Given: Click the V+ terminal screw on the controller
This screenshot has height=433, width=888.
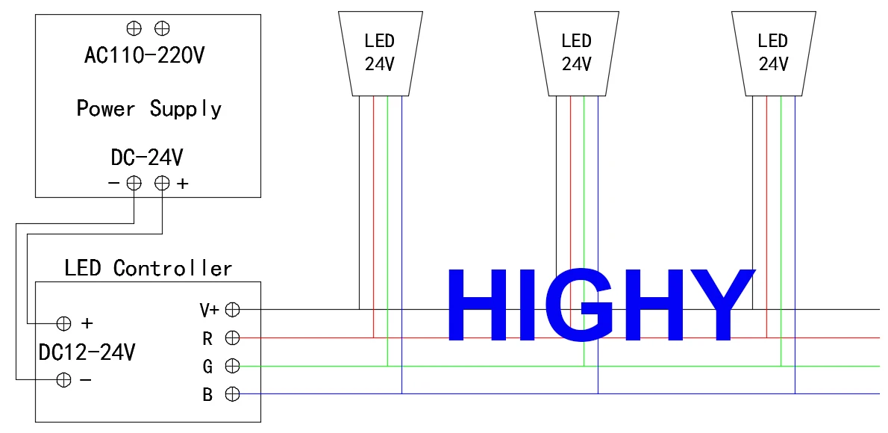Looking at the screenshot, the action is [x=232, y=310].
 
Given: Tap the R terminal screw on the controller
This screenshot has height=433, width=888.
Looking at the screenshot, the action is [x=232, y=337].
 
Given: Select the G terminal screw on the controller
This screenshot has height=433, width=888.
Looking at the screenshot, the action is [x=232, y=366].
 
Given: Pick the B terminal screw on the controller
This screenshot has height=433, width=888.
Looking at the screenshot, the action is [x=232, y=393].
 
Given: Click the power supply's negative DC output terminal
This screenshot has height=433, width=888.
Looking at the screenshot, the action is [x=134, y=183].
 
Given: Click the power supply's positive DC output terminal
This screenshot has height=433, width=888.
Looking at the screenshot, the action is [x=163, y=183].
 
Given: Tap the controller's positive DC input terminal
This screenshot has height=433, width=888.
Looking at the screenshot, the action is [x=64, y=323].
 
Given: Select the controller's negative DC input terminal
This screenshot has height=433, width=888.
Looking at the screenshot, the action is [x=64, y=380].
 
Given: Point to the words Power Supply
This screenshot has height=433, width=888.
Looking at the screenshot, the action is [x=149, y=108].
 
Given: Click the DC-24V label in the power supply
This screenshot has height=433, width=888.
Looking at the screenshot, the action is [x=147, y=158].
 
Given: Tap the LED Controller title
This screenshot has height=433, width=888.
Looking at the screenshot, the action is [x=148, y=267].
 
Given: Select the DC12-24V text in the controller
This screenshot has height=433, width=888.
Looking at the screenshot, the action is [x=87, y=352].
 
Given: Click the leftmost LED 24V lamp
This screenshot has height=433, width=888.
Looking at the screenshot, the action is [x=380, y=54].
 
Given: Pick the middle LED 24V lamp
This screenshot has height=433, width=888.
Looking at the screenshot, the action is [x=577, y=54].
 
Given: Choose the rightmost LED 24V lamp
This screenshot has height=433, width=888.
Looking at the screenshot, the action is [x=773, y=54].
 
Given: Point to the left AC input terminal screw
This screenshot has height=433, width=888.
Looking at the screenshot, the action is [x=134, y=27].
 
